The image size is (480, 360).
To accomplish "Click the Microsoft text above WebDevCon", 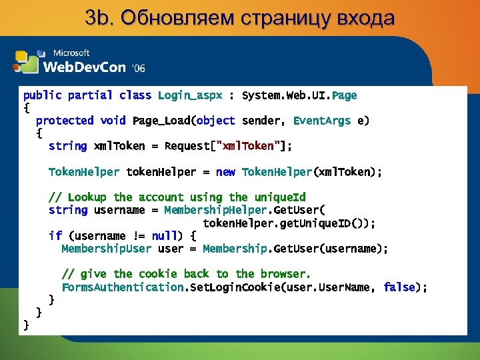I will [x=71, y=53].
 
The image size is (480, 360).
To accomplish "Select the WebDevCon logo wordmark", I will [x=85, y=66].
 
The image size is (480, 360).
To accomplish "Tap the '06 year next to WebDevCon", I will [x=139, y=68].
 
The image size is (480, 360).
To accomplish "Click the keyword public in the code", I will [x=42, y=95].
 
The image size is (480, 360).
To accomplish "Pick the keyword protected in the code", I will [x=65, y=121].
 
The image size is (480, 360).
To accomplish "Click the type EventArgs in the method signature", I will [x=322, y=121].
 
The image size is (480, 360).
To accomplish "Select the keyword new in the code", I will [x=225, y=172].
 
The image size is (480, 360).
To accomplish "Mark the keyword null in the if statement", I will [x=165, y=236].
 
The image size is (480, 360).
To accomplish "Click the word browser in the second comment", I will [x=283, y=274].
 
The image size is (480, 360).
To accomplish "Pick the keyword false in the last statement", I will [x=399, y=287].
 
